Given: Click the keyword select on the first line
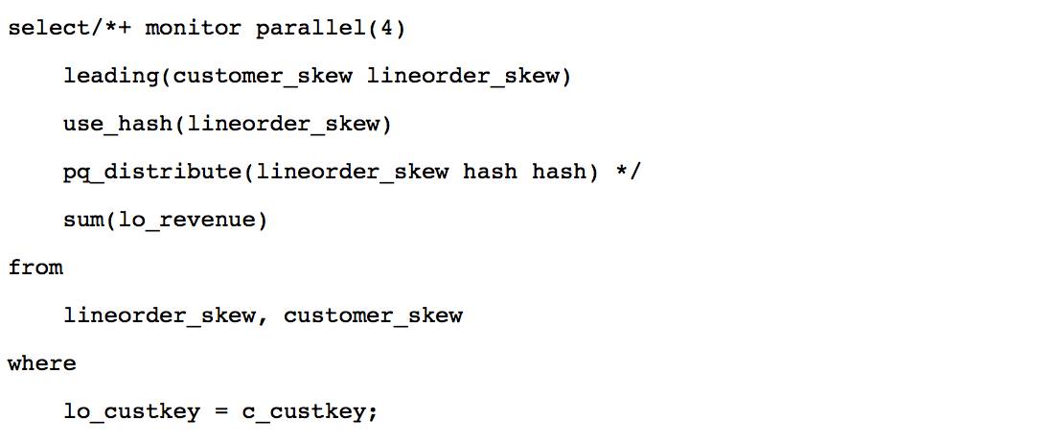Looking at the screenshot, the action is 49,28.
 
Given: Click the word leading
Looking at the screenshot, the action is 111,76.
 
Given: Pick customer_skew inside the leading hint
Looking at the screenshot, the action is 264,76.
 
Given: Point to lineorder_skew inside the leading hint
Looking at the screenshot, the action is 464,76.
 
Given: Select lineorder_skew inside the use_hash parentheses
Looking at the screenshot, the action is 285,124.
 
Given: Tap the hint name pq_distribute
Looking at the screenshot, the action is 152,172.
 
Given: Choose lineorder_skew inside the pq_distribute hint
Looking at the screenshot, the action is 354,172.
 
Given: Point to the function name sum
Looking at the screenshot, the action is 83,220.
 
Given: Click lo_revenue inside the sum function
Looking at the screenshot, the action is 187,220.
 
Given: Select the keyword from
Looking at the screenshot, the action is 35,268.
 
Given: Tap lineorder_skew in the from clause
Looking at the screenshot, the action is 159,315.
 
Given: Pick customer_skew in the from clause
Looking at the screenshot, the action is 374,315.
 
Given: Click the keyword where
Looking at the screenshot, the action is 42,363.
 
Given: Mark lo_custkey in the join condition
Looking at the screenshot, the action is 131,411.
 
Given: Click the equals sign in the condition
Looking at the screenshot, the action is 221,411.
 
